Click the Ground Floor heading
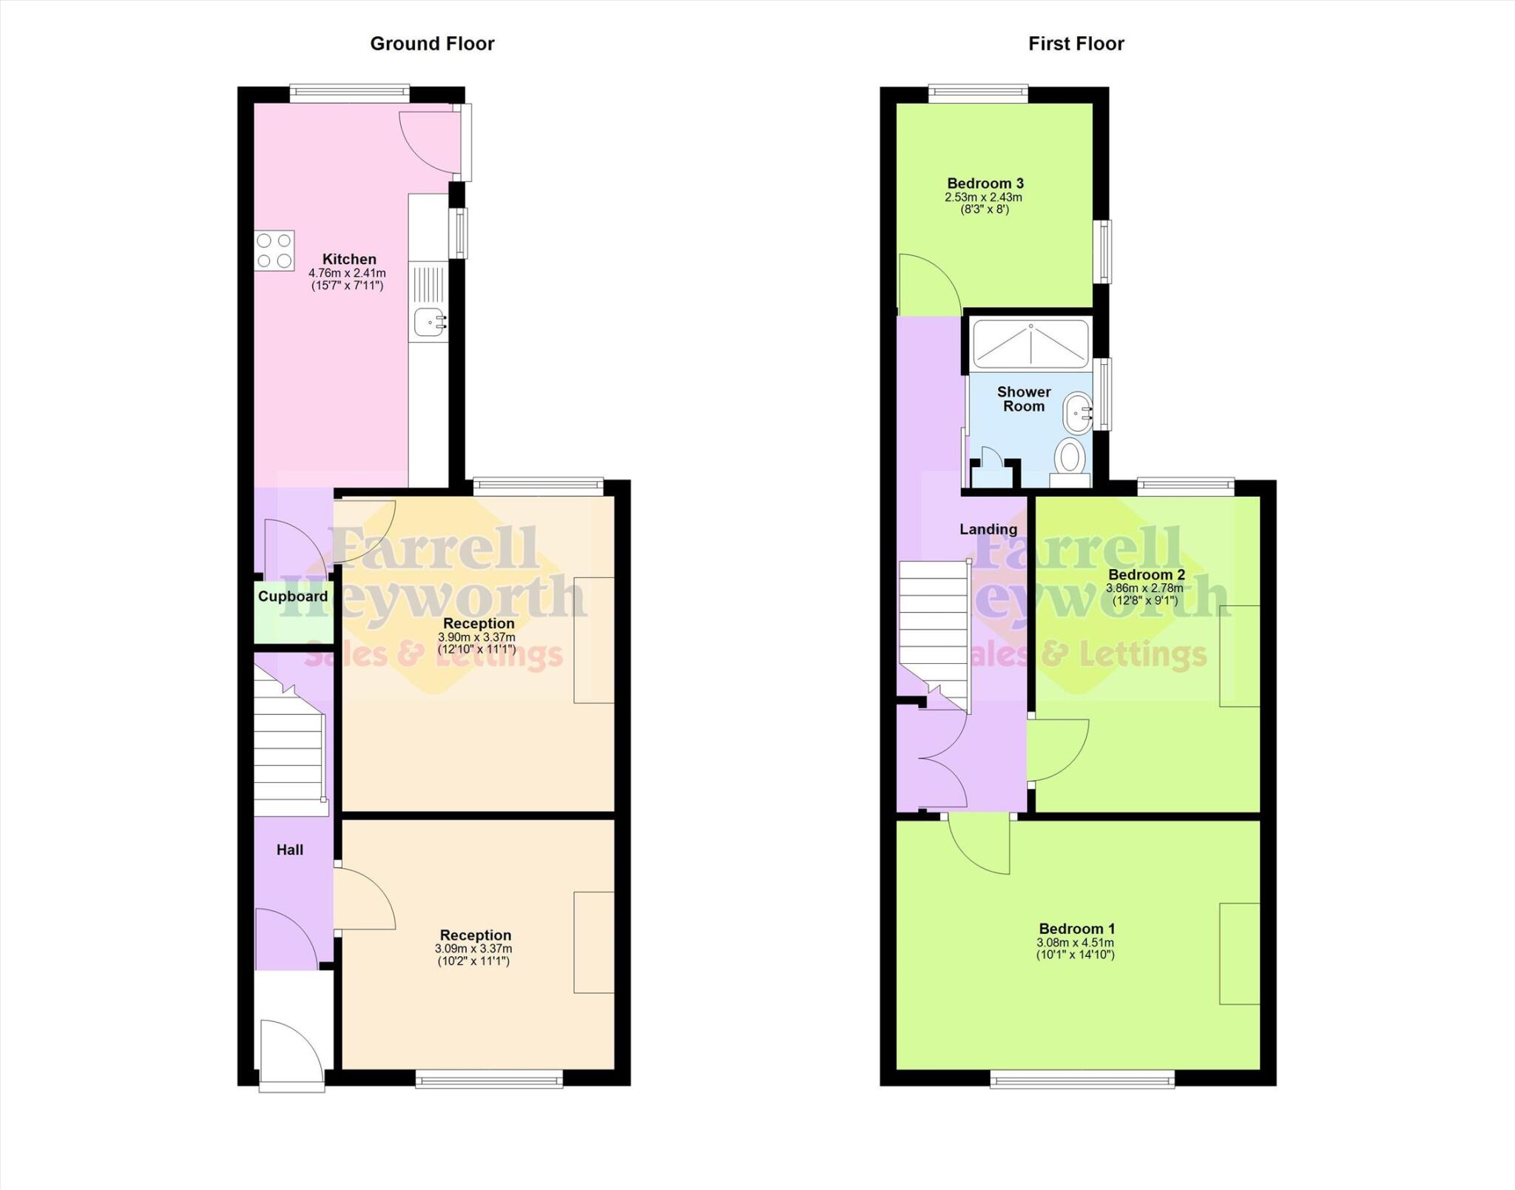point(432,44)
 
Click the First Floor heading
point(1076,44)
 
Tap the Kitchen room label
point(349,259)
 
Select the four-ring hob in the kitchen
point(274,250)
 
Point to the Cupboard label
point(293,596)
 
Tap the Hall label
point(290,850)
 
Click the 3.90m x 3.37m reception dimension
point(476,637)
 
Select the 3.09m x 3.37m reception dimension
point(473,949)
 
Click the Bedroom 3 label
point(985,184)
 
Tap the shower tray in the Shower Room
point(1030,344)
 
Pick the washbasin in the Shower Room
point(1076,413)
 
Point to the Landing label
point(988,529)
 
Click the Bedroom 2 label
point(1147,575)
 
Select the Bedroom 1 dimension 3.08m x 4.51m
point(1076,943)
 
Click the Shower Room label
point(1024,399)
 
